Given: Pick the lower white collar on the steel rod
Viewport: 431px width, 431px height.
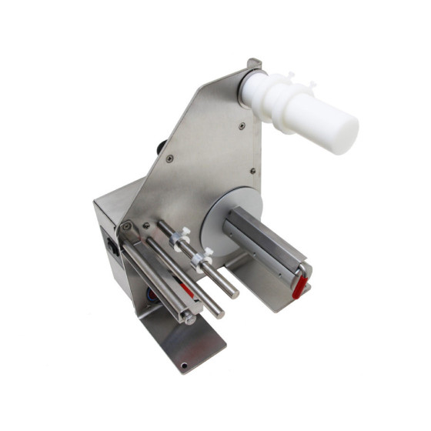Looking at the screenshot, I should coord(203,259).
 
